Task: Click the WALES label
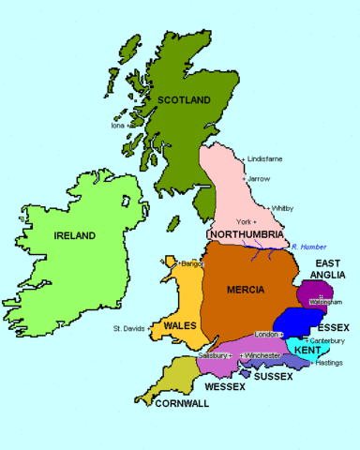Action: click(179, 324)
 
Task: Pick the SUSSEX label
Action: click(274, 376)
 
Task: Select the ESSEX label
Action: click(332, 326)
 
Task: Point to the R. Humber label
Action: click(307, 247)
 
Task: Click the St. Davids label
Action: click(130, 329)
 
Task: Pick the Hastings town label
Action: click(329, 362)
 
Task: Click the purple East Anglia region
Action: click(318, 292)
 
